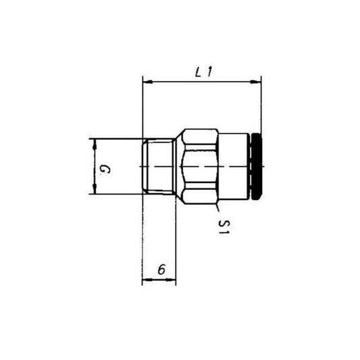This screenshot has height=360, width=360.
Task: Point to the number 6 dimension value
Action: tap(160, 269)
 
